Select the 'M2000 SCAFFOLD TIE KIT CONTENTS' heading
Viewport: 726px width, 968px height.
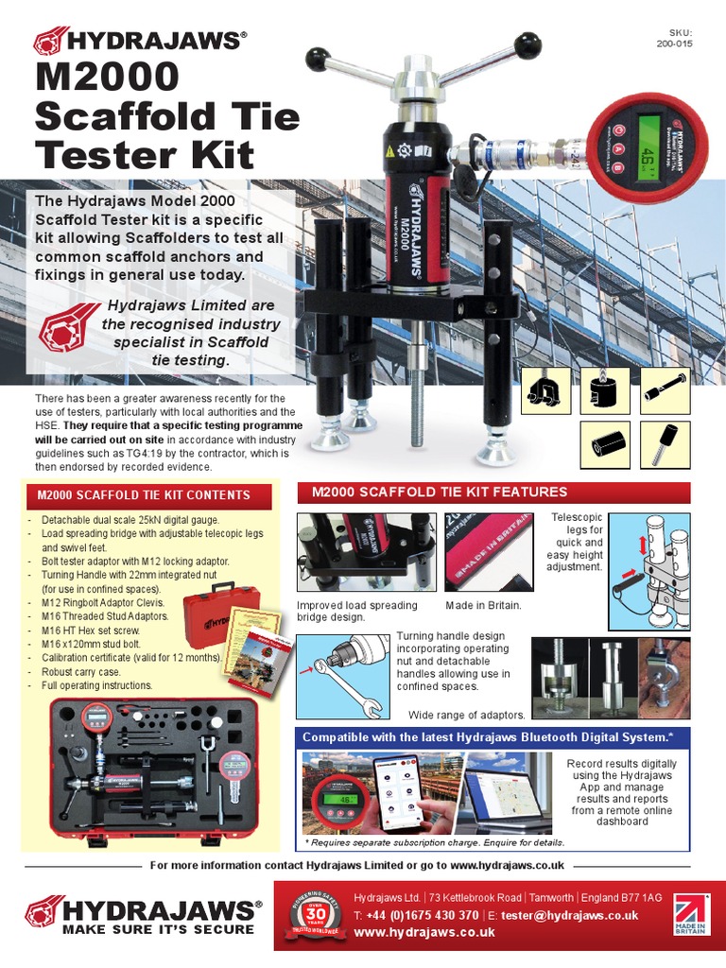(144, 495)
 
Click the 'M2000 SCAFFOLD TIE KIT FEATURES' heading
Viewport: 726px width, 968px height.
(434, 493)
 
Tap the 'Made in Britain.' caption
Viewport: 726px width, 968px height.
(483, 605)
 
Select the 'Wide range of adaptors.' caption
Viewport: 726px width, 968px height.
(466, 715)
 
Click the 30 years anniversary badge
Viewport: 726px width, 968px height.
(312, 913)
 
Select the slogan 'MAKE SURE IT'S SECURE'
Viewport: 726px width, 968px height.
(158, 929)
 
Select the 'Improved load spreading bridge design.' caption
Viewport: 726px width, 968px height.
(356, 611)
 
